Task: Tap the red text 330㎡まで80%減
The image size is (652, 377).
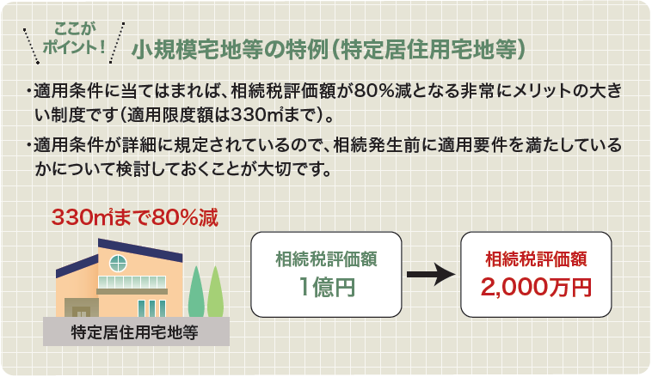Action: click(x=135, y=217)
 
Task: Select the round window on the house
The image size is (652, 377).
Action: click(x=118, y=264)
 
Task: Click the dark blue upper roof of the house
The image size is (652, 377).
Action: click(x=140, y=250)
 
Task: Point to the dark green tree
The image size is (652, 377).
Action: click(x=196, y=292)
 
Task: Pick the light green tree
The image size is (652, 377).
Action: click(x=215, y=292)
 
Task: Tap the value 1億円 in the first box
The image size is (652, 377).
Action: click(x=326, y=287)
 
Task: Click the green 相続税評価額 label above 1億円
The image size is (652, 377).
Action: click(x=326, y=259)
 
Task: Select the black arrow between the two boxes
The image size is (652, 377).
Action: click(x=431, y=274)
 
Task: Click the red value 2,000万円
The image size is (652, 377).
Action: click(x=536, y=287)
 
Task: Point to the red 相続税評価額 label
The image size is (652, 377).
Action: click(x=536, y=259)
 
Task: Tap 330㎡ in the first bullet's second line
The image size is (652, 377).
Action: click(x=257, y=115)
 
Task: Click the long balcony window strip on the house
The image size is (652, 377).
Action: click(x=132, y=283)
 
